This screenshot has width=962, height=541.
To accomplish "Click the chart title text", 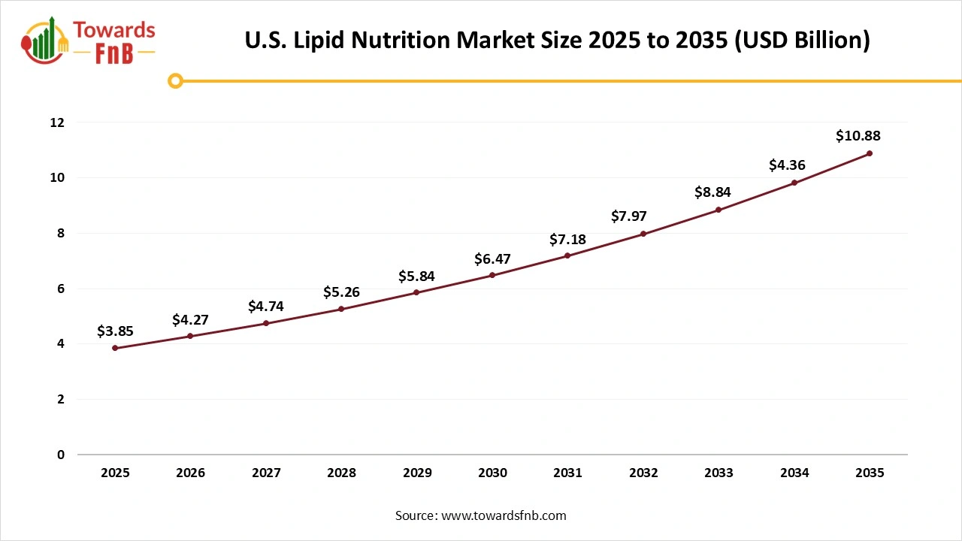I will coord(557,41).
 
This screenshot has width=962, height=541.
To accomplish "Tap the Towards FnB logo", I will coord(89,41).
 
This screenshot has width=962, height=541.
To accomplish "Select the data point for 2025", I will coord(115,348).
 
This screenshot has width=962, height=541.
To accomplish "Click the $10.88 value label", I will coord(858,136).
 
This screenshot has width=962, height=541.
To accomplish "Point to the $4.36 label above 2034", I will coord(787,165).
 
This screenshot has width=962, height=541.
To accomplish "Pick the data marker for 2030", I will coord(492,275).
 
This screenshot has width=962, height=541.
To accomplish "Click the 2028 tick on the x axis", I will coord(341,473).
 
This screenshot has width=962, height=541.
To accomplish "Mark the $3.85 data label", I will coord(115,331).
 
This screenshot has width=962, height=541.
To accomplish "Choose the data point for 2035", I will coord(870,153).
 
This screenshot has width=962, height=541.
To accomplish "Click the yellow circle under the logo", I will coord(175,81).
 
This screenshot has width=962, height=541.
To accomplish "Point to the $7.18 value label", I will coord(567,240).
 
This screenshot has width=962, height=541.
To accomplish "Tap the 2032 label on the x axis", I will coord(643,473).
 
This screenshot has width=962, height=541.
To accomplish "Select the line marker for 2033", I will coord(718,210).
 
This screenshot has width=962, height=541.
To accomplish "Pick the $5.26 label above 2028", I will coord(341,292).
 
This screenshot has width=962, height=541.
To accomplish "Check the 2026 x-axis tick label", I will coord(190,473).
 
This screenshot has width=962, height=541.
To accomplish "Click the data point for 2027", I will coord(266,323).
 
